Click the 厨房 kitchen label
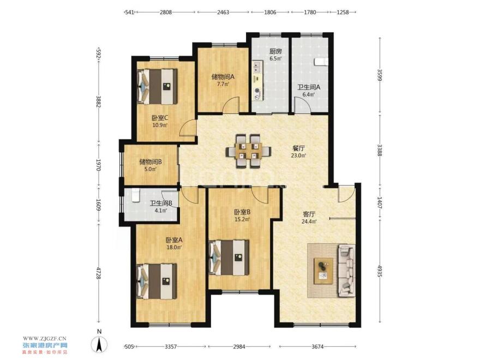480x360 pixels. [x=275, y=51]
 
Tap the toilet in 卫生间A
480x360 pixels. [x=321, y=62]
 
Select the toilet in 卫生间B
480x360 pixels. [x=136, y=195]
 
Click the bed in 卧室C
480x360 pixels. [x=157, y=86]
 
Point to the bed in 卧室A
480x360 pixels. [x=157, y=281]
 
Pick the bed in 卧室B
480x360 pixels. [x=229, y=257]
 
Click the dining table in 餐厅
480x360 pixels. [x=249, y=151]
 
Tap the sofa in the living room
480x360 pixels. [x=346, y=271]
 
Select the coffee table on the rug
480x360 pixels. [x=323, y=271]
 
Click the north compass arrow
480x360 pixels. [x=99, y=344]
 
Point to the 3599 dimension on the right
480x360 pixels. [x=380, y=75]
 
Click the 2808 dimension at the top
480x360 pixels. [x=166, y=12]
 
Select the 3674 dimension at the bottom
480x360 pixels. [x=317, y=346]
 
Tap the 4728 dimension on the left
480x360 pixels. [x=98, y=272]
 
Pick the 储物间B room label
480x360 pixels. [x=151, y=161]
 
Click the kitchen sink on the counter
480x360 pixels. [x=257, y=67]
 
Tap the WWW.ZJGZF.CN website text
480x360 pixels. [x=45, y=338]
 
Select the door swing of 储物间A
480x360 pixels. [x=231, y=105]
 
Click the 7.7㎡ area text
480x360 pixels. [x=223, y=84]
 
